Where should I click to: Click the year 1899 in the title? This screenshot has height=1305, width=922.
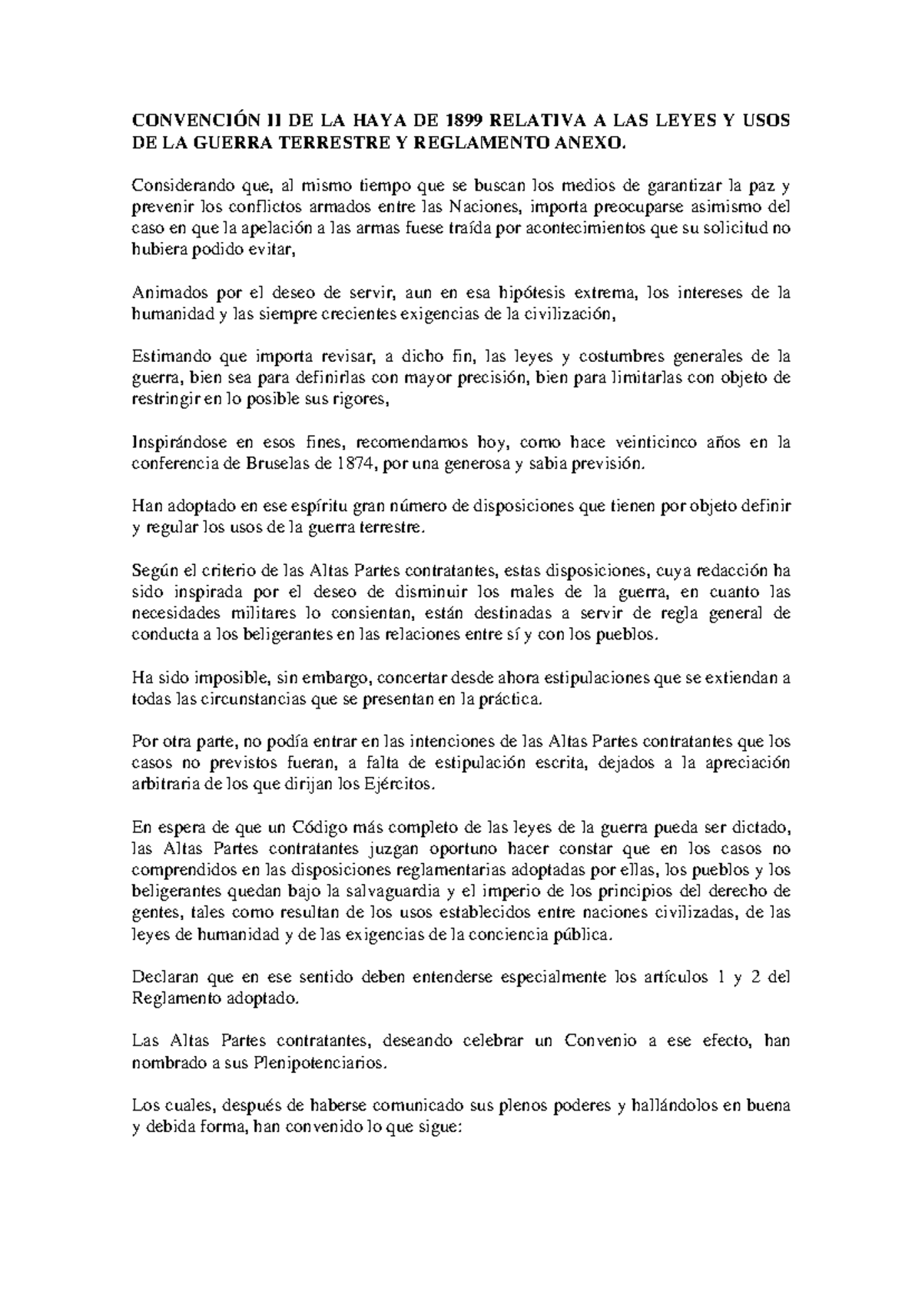tap(463, 121)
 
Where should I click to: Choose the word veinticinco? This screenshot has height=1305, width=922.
tap(658, 442)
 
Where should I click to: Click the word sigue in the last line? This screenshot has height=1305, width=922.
tap(436, 1128)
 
